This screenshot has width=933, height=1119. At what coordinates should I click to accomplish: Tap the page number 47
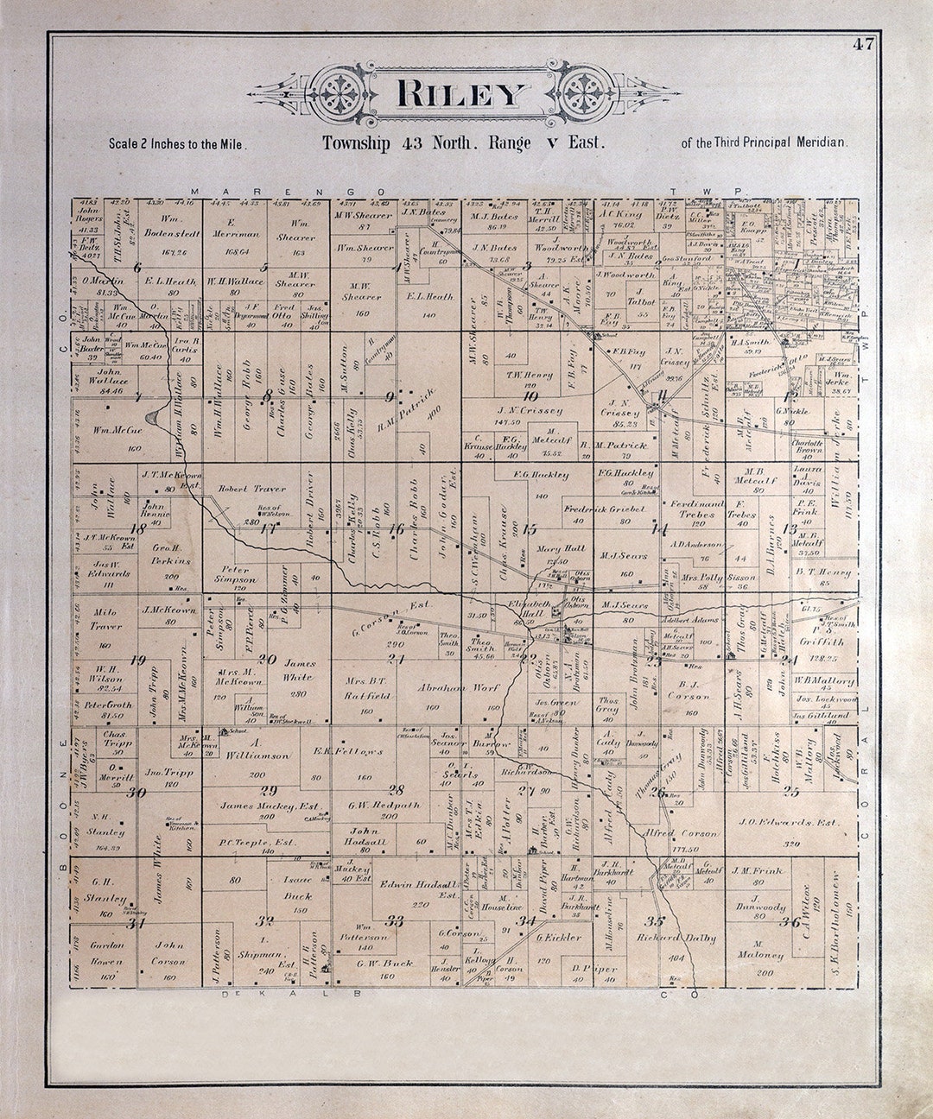(863, 45)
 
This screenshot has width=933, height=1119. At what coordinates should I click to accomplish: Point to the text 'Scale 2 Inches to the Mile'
(178, 145)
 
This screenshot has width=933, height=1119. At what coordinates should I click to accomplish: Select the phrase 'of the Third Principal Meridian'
(764, 143)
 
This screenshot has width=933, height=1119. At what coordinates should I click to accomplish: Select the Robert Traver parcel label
(249, 488)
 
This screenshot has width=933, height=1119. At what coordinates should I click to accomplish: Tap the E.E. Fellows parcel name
(348, 751)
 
